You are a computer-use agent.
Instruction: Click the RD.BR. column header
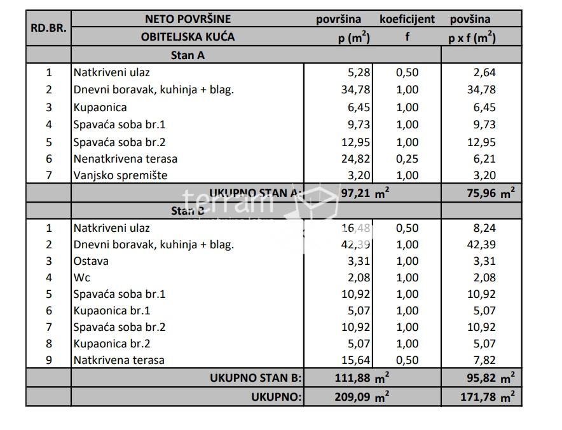(x=48, y=28)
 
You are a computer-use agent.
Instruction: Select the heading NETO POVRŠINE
(x=188, y=19)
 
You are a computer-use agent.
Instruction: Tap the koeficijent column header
(x=407, y=19)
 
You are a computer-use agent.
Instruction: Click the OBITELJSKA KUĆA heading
(x=188, y=37)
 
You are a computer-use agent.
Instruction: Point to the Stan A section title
(x=188, y=55)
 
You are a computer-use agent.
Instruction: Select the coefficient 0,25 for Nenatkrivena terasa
(x=407, y=159)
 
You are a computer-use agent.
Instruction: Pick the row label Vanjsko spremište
(x=120, y=175)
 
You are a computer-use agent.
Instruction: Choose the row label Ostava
(x=91, y=261)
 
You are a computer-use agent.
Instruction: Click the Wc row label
(x=82, y=278)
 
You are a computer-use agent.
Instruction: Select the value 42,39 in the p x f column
(x=481, y=245)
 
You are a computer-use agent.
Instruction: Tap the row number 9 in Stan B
(x=48, y=360)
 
